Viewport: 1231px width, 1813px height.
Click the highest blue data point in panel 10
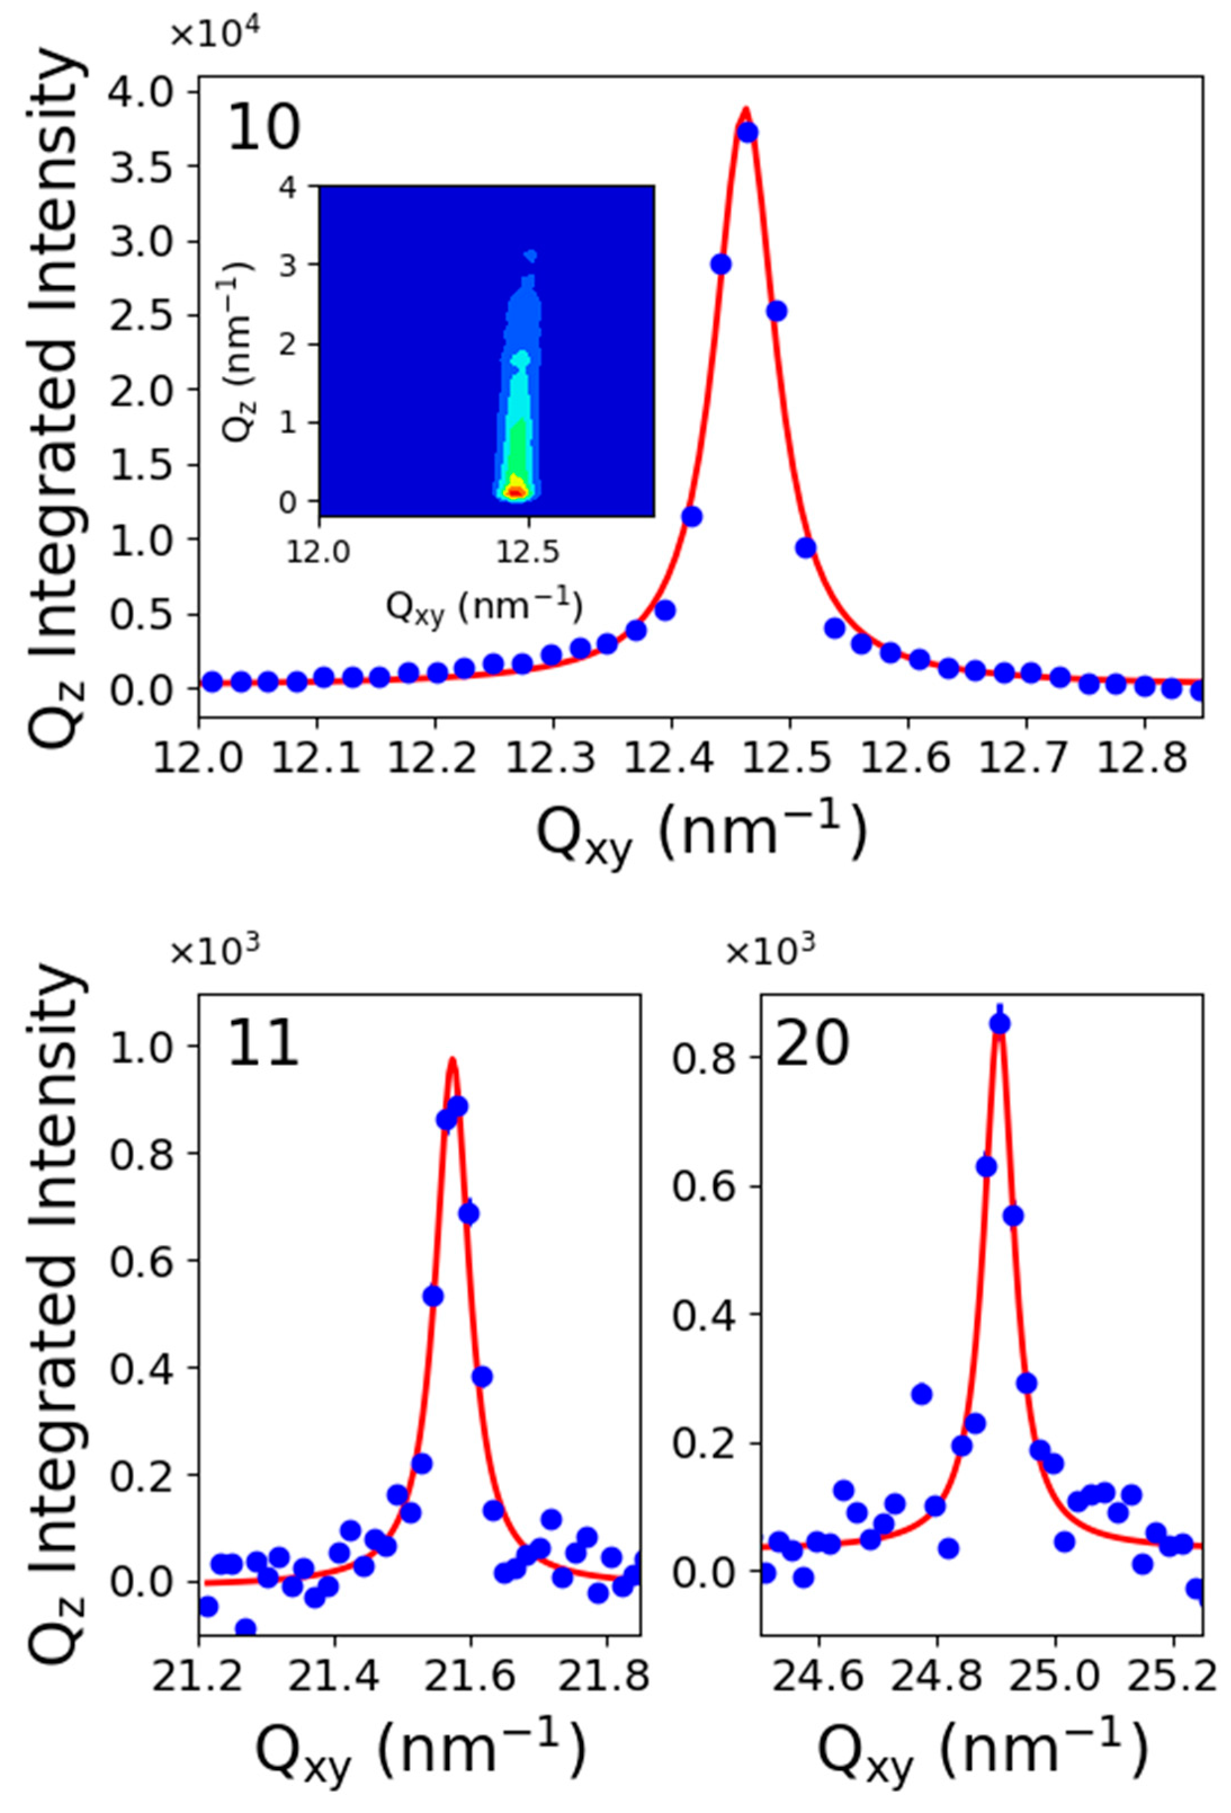click(x=747, y=133)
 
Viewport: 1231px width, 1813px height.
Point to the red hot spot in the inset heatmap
click(x=515, y=492)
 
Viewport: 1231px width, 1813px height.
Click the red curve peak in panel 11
click(x=451, y=1060)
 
